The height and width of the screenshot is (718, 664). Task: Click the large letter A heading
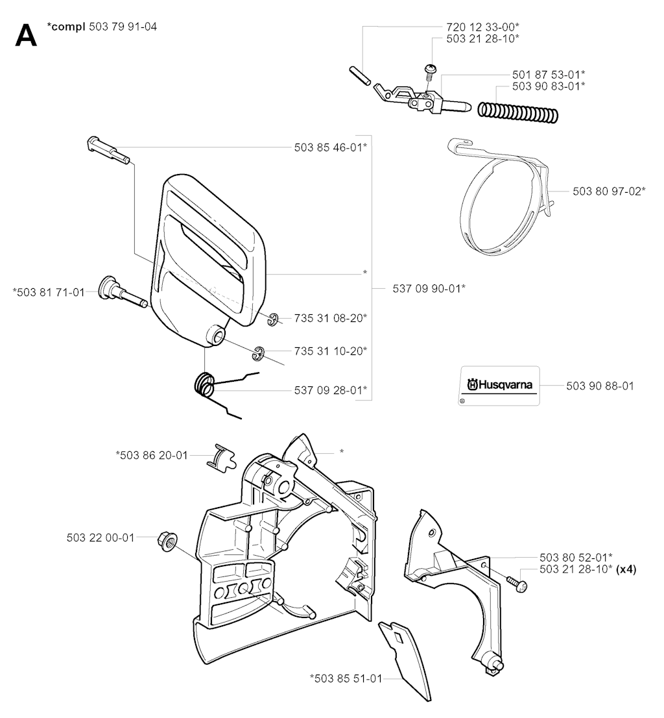click(26, 35)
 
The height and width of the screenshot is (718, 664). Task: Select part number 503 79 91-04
click(123, 27)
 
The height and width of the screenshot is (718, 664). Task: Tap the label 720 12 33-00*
click(483, 27)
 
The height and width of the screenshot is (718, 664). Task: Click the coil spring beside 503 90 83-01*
click(518, 112)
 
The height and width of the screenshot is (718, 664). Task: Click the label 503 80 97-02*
click(609, 191)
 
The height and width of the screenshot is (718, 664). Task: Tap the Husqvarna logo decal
click(499, 386)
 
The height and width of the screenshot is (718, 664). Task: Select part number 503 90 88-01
click(600, 386)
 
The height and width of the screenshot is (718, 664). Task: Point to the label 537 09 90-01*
click(429, 288)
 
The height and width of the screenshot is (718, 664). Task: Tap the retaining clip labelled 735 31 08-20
click(274, 320)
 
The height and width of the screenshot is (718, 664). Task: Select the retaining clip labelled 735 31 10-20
click(259, 354)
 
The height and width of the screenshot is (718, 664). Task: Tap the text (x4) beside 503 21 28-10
click(626, 569)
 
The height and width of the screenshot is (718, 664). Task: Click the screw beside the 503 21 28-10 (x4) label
click(517, 584)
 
